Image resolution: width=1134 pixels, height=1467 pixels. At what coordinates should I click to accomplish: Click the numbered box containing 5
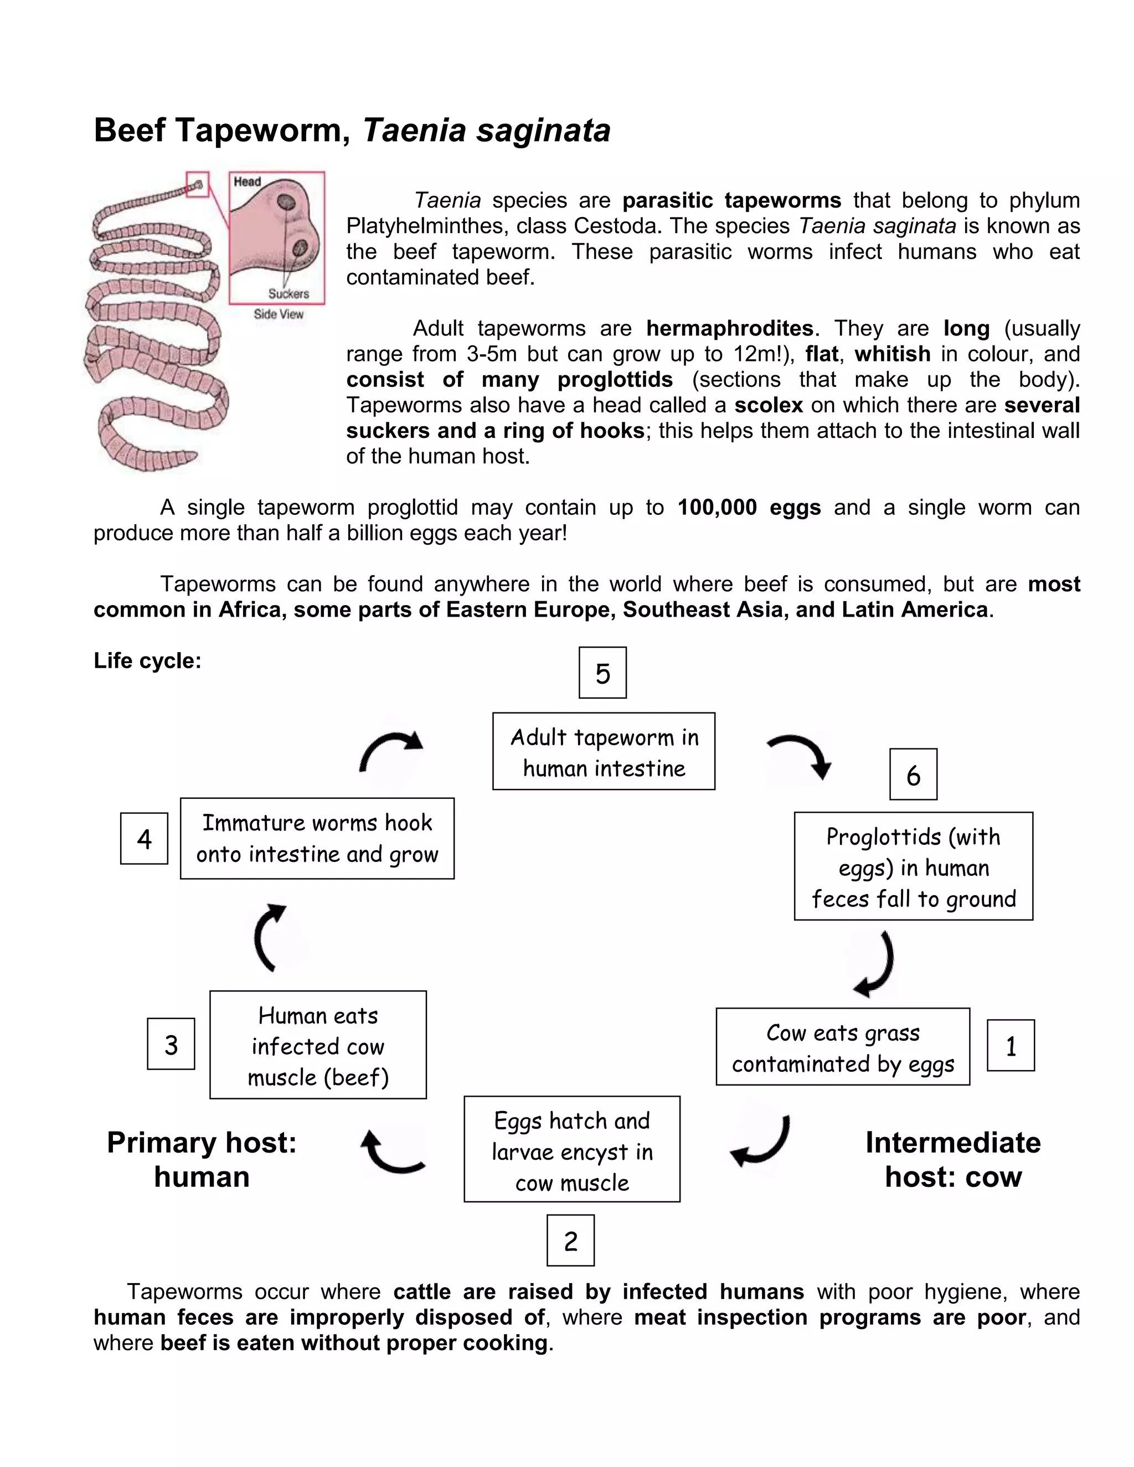[x=602, y=673]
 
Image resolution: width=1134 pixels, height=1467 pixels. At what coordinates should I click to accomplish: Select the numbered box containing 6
[x=913, y=774]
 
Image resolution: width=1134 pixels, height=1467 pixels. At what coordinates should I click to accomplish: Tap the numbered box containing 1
[x=1011, y=1045]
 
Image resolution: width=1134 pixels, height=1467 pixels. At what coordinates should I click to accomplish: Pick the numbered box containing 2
[x=570, y=1240]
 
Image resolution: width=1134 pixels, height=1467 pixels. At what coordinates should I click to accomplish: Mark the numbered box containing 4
[x=144, y=838]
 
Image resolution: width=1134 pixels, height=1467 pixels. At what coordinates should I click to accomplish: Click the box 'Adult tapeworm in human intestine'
[x=604, y=751]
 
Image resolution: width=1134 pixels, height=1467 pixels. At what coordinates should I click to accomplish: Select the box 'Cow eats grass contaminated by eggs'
[x=842, y=1046]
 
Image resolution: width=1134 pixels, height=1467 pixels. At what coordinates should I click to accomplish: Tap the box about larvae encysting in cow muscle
[x=571, y=1151]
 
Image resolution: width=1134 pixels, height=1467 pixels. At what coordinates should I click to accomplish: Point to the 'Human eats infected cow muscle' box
[x=318, y=1045]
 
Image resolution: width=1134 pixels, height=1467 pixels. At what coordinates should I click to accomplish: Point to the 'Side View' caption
[x=278, y=314]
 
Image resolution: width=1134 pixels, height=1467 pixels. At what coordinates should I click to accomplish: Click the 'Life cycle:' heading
[x=147, y=660]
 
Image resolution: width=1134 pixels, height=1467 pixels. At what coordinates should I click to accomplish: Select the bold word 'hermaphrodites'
[x=730, y=328]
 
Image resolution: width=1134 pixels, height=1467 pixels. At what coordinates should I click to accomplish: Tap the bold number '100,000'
[x=717, y=507]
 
